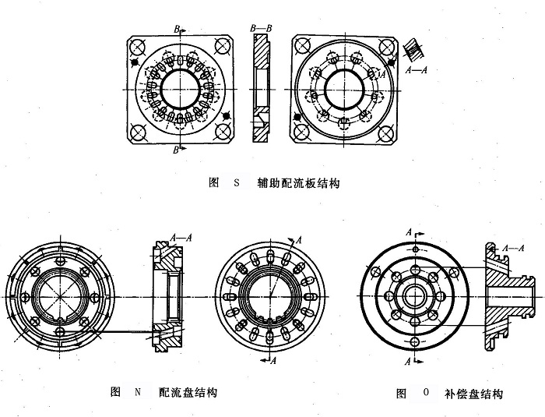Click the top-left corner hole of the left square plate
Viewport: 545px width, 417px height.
pos(138,44)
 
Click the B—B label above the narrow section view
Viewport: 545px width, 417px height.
pos(261,28)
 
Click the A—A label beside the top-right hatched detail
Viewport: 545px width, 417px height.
pos(420,69)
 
